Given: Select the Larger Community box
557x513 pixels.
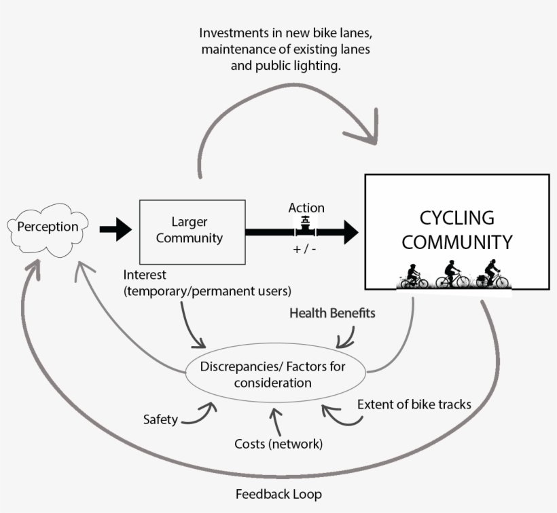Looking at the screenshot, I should (192, 231).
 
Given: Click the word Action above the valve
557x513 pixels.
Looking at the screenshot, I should (306, 208).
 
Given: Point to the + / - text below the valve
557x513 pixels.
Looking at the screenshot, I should (305, 249).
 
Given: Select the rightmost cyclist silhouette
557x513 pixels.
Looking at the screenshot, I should (492, 275).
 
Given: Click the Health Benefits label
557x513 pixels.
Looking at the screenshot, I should (332, 313).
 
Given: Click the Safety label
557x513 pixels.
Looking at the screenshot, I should (160, 419).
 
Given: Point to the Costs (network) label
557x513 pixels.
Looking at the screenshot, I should (278, 444).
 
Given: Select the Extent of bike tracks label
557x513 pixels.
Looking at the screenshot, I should (414, 404).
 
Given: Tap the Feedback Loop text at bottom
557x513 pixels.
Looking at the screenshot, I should (278, 493).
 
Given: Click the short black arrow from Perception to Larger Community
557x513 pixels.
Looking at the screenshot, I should (115, 229).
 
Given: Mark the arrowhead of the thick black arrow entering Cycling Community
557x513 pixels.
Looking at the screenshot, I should (350, 231).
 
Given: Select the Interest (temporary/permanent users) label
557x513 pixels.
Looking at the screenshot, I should (207, 284).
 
